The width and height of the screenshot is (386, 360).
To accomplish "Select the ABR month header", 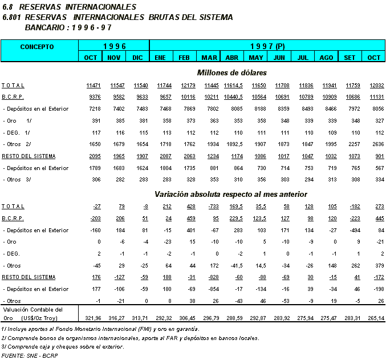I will click(x=231, y=58).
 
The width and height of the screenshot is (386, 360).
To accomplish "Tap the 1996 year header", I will click(x=113, y=46).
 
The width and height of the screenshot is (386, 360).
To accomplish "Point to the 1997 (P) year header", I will click(x=267, y=46).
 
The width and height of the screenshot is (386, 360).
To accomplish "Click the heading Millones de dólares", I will click(x=231, y=72).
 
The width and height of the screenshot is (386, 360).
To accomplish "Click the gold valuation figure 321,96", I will click(x=91, y=317).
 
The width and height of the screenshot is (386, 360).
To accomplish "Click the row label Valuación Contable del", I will click(x=31, y=309).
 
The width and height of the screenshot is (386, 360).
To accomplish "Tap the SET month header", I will click(x=350, y=58).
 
